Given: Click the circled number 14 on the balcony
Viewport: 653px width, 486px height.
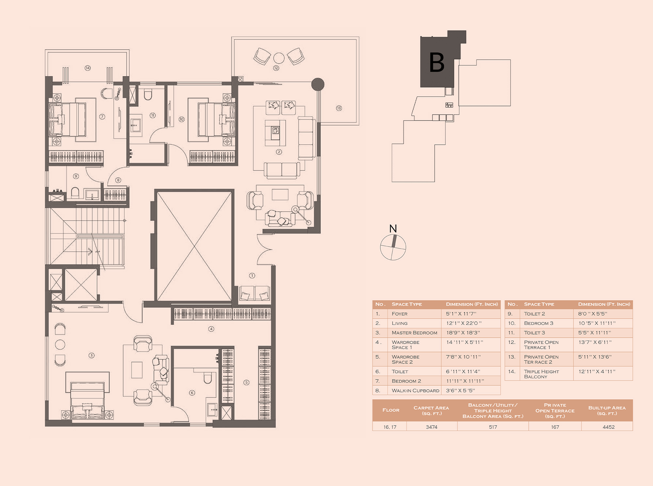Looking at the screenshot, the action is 88,68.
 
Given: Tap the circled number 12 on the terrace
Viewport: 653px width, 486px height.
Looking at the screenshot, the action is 276,68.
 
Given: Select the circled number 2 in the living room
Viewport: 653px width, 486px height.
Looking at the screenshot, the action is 279,152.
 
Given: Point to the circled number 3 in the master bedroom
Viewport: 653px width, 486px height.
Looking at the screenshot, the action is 91,355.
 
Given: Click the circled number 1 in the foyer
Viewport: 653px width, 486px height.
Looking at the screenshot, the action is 252,276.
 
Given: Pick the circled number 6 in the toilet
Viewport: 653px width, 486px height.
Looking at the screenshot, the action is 192,393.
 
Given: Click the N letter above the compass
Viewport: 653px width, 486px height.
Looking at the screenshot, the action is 393,229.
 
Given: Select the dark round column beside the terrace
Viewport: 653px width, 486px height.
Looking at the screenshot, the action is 318,84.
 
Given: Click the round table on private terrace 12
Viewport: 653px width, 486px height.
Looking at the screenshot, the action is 279,58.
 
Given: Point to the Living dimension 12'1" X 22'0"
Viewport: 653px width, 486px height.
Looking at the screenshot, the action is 464,323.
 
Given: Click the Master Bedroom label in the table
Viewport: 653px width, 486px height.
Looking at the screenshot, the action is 414,333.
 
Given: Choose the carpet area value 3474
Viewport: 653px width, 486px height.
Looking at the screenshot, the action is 432,427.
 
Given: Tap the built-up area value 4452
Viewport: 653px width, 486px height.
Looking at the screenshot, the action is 609,427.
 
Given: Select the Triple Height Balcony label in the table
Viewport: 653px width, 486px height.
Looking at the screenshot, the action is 541,374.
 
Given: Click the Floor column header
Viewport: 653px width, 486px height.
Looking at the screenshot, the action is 391,410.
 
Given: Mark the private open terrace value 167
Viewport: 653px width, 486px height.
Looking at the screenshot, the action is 555,427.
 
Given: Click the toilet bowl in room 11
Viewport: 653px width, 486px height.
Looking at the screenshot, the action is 148,95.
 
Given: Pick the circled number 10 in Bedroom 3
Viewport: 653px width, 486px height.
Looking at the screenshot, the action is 182,120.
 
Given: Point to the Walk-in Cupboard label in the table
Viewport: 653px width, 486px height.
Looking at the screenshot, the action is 415,391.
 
